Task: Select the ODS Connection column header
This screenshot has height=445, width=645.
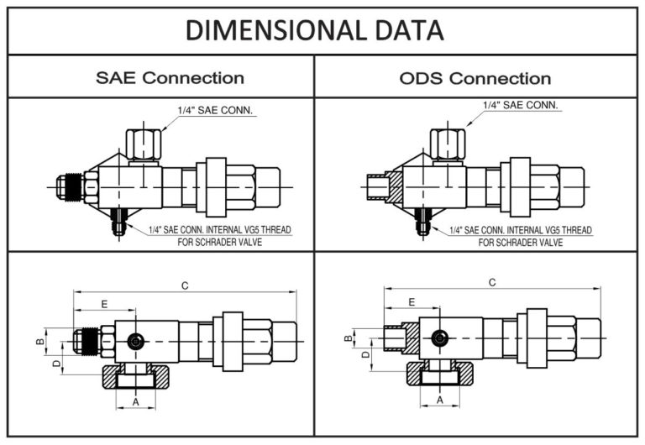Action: (475, 78)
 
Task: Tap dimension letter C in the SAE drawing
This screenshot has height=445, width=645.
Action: (185, 285)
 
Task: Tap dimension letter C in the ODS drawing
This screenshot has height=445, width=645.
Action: (492, 283)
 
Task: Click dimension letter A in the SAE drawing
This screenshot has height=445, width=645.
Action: (135, 402)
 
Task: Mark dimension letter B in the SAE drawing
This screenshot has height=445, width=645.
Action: (39, 343)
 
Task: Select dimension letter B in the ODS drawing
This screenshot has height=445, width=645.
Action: (348, 339)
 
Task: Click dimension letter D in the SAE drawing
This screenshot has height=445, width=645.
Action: (56, 364)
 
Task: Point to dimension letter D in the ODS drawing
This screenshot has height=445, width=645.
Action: (365, 356)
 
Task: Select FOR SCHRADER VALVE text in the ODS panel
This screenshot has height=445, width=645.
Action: (521, 242)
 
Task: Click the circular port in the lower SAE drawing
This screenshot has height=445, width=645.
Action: (134, 341)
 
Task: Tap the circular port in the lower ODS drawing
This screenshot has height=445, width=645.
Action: (439, 338)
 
